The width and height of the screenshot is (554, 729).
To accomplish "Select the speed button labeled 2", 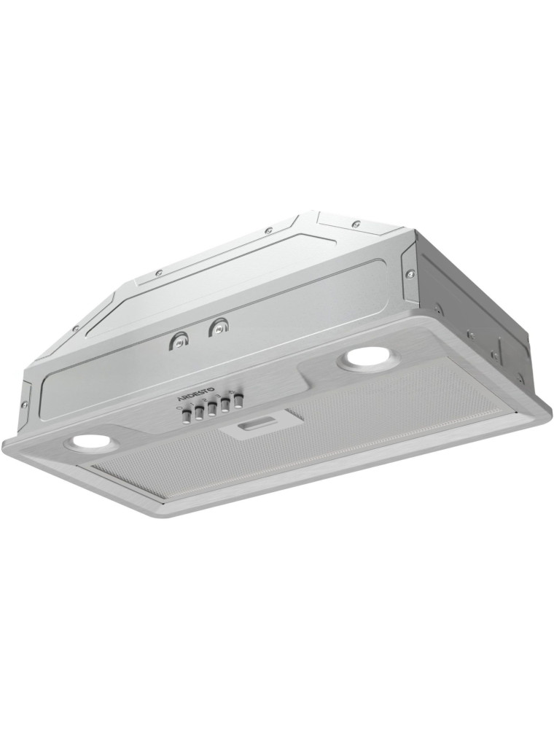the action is click(x=211, y=410).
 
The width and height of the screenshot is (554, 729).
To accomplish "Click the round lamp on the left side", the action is click(x=89, y=443).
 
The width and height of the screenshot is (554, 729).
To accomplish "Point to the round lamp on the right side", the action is click(x=367, y=359).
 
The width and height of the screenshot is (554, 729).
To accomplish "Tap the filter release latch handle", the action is click(x=253, y=426).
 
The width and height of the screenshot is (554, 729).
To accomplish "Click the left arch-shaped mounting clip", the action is click(x=178, y=340).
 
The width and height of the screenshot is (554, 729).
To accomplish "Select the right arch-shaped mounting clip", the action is click(x=217, y=328).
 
